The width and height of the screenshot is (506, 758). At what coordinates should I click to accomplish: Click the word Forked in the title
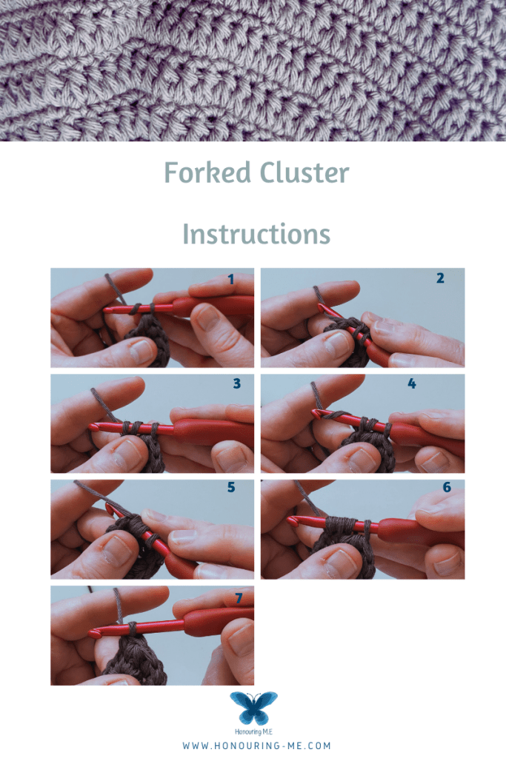pos(207,172)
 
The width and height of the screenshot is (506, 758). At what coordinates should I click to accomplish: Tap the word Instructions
pos(256,234)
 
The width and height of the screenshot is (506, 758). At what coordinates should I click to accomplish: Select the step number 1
pos(230,279)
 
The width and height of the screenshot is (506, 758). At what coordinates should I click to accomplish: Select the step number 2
pos(440,278)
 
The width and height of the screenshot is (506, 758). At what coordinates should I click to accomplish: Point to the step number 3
pos(236,383)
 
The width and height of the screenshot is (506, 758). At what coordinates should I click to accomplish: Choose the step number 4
pos(412,383)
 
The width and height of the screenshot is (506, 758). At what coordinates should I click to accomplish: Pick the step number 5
pos(231,487)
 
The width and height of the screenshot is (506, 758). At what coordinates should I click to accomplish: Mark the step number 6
pos(447,487)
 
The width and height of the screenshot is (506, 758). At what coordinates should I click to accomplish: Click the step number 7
pos(239,598)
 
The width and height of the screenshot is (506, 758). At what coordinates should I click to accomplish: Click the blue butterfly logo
pos(253,707)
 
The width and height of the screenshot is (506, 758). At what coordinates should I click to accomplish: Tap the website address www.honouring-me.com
pos(256,746)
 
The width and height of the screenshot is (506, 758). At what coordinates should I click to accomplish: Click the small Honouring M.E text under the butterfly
pos(253,732)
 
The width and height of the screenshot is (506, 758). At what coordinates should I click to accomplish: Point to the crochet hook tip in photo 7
pos(93,632)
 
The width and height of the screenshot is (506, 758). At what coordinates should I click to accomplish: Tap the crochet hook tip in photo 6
pos(291,520)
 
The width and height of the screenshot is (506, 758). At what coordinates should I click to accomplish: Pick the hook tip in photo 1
pos(107,309)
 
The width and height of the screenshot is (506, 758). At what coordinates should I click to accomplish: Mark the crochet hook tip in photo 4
pos(316,413)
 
